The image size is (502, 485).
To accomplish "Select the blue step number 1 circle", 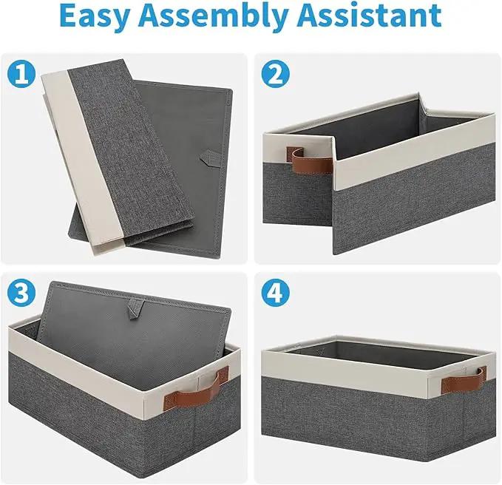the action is click(x=21, y=74).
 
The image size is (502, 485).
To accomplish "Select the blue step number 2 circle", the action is click(x=276, y=74).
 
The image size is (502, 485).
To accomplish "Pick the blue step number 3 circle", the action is click(x=21, y=294).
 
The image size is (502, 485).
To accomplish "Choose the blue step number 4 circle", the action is click(x=276, y=294).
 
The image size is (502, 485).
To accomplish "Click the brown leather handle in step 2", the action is click(x=308, y=161).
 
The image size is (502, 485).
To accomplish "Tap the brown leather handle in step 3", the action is click(x=197, y=389).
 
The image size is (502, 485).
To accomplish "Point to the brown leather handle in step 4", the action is click(x=464, y=380).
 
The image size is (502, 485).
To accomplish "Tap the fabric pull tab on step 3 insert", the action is click(x=135, y=308).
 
